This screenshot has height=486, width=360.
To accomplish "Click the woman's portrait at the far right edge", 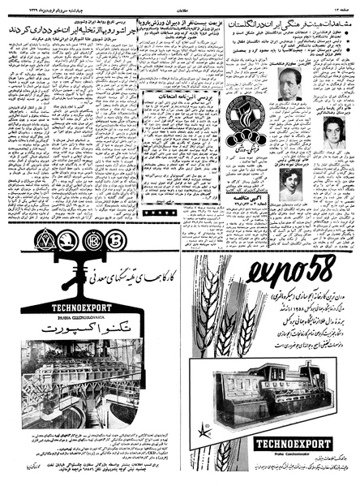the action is [x=334, y=131].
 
